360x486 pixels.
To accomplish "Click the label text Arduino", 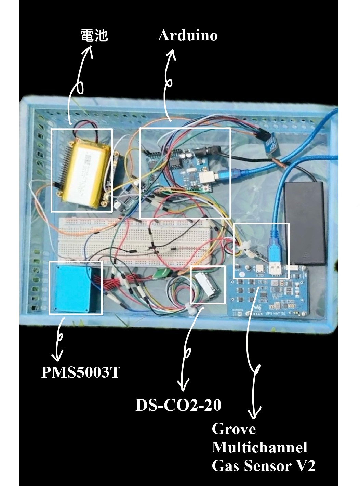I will point(187,36).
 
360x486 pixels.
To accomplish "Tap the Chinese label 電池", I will point(94,35).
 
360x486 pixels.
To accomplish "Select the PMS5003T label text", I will point(81,372).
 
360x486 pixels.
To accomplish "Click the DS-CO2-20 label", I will point(178,405).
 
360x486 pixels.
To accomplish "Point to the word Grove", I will point(234,429).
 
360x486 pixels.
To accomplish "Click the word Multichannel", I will point(259,447).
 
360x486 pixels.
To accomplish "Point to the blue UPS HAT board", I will point(270,294).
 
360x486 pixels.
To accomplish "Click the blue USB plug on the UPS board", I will point(274,248).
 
